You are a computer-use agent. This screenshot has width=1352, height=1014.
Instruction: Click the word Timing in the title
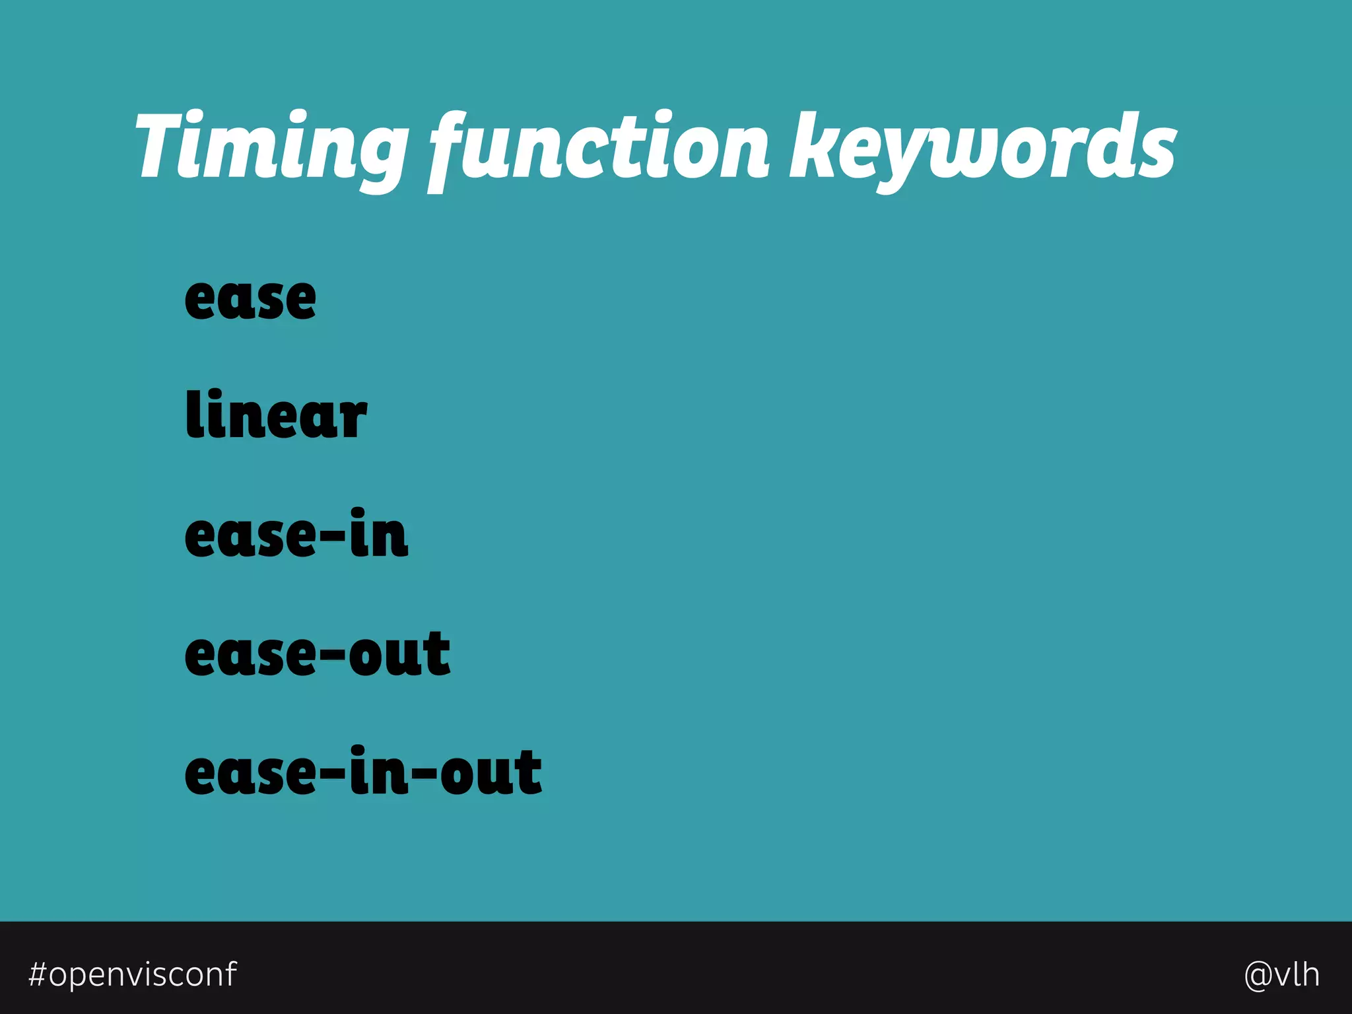tap(271, 147)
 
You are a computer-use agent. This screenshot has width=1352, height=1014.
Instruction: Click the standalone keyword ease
tap(250, 299)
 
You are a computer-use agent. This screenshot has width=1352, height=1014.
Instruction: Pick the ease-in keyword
tap(296, 535)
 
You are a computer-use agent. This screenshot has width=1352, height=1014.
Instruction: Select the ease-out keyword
tap(318, 654)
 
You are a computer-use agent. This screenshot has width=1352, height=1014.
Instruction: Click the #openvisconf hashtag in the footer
tap(133, 974)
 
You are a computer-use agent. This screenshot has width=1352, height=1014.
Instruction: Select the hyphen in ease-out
tap(333, 656)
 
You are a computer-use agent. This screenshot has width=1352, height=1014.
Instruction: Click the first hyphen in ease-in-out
tap(333, 774)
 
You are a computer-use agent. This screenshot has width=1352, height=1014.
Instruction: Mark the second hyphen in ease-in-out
tap(424, 774)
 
